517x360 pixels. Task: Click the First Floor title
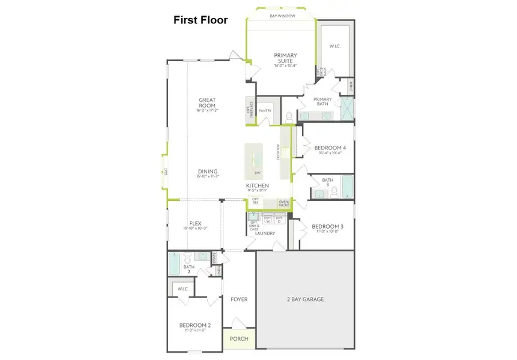point(201,20)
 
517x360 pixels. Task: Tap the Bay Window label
point(282,16)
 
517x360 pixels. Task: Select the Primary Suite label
point(285,58)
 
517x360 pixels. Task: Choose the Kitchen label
point(257,187)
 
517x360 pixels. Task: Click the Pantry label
point(265,111)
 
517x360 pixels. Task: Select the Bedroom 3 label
point(327,227)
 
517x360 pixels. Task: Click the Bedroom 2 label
point(195,326)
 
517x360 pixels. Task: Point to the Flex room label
point(195,223)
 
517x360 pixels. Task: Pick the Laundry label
point(265,233)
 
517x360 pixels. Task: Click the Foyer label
point(239,299)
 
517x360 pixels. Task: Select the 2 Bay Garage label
point(304,299)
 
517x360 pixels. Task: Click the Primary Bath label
point(323,102)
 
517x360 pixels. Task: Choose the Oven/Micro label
point(283,203)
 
